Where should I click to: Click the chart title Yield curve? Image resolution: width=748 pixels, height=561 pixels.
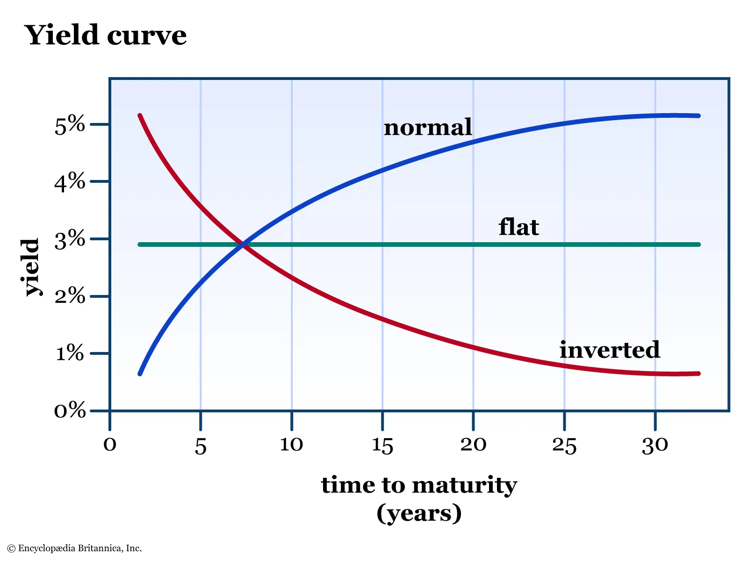[x=105, y=35]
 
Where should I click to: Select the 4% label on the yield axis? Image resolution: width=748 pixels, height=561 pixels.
[x=70, y=182]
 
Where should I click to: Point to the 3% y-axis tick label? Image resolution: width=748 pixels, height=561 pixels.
[x=70, y=240]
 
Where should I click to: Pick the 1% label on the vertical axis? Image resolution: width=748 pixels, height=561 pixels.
[x=70, y=353]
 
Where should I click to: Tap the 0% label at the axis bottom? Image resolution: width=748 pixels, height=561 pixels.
[x=70, y=411]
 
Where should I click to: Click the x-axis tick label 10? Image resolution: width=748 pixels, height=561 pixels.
[x=291, y=444]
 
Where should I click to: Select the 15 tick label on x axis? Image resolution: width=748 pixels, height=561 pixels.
[x=382, y=445]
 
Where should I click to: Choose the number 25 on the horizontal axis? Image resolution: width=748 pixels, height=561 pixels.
[x=564, y=445]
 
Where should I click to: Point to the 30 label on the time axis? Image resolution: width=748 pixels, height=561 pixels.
[x=655, y=445]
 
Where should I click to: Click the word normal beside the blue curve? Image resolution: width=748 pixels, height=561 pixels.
[x=428, y=128]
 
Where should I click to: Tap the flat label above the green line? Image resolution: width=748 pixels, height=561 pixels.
[x=518, y=227]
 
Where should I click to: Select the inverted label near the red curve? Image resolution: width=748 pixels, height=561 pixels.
[x=610, y=350]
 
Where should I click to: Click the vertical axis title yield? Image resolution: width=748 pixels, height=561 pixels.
[x=31, y=267]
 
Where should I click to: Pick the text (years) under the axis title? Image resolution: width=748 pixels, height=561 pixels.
[x=419, y=513]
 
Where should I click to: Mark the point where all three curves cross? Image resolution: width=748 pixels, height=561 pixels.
[x=243, y=244]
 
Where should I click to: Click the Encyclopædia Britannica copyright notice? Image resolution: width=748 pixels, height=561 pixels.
[x=75, y=548]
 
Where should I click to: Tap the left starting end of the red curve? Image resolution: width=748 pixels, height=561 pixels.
[x=140, y=116]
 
